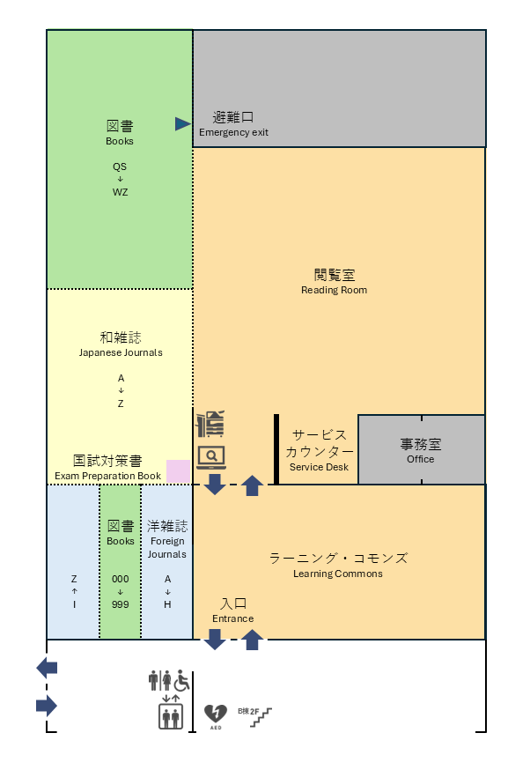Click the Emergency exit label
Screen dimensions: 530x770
point(233,132)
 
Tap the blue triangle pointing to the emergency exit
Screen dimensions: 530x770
point(182,123)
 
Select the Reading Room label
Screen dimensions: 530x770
point(335,290)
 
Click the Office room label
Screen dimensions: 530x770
point(421,459)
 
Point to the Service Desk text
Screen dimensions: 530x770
point(319,467)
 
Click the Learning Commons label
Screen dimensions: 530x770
point(337,574)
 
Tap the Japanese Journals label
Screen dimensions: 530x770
point(121,352)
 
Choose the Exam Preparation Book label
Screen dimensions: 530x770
point(108,476)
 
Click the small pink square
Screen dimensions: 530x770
point(178,471)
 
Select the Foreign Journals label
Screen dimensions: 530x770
point(167,547)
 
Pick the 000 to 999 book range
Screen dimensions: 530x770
point(121,592)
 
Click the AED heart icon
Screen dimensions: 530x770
point(216,714)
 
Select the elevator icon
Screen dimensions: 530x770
point(171,716)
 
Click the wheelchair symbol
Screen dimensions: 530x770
point(182,680)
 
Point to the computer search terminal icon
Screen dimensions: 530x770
point(211,457)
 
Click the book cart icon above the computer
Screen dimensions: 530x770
point(210,424)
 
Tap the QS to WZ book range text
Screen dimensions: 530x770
point(120,179)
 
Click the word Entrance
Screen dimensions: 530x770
point(233,618)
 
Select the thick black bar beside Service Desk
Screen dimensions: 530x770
point(276,449)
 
